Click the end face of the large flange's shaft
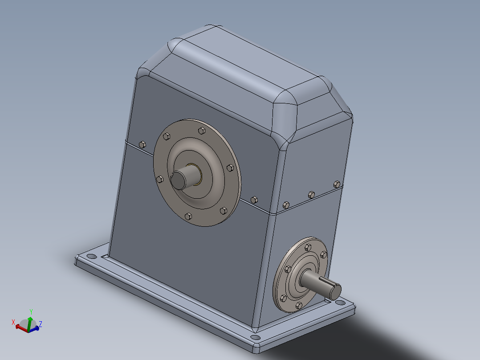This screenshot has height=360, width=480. tap(179, 180)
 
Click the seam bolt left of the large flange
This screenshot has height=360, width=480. tap(142, 144)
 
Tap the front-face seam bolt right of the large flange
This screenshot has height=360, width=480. tap(254, 199)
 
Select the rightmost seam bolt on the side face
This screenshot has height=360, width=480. tap(337, 184)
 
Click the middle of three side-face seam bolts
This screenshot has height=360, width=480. tap(311, 194)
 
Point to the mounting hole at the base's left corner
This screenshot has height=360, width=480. tap(90, 257)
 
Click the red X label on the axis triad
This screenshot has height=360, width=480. tap(13, 322)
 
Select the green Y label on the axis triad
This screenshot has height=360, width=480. tap(31, 311)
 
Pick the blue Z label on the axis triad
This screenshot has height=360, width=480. tap(41, 324)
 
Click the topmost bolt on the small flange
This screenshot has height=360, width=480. tap(308, 246)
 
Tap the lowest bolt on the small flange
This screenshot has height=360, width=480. tap(298, 306)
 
